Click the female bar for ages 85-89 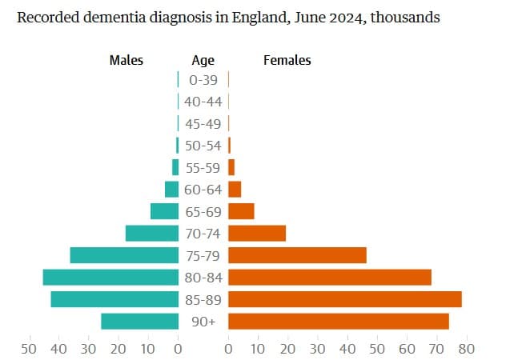tap(344, 299)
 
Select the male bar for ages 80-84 tap(110, 277)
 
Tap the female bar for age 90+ tap(338, 321)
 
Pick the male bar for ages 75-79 tap(124, 255)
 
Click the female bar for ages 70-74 tap(257, 233)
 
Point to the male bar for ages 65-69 tap(164, 211)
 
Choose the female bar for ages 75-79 tap(297, 255)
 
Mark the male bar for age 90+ tap(139, 321)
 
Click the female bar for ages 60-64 tap(235, 189)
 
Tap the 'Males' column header tap(126, 60)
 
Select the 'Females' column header tap(287, 60)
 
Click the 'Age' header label tap(203, 60)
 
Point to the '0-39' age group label tap(203, 79)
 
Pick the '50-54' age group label tap(203, 146)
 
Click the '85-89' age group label tap(203, 299)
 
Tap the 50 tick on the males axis tap(29, 349)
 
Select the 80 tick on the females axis tap(467, 349)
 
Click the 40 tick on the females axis tap(347, 349)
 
